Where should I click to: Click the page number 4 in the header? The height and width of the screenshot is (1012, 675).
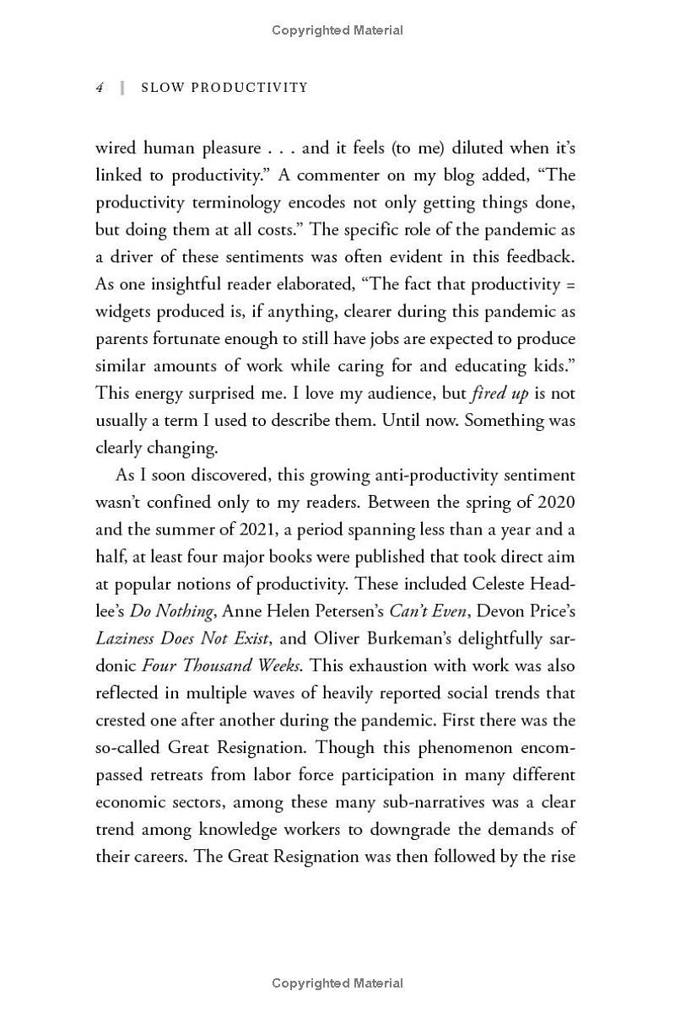(x=100, y=88)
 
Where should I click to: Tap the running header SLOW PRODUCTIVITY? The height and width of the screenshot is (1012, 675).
(x=224, y=88)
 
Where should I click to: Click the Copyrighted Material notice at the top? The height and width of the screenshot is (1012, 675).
(x=337, y=30)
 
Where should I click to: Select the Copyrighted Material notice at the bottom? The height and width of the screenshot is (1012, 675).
(x=337, y=983)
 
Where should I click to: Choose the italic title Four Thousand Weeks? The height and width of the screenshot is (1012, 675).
(x=221, y=665)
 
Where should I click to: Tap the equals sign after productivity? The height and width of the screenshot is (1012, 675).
(x=570, y=284)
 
